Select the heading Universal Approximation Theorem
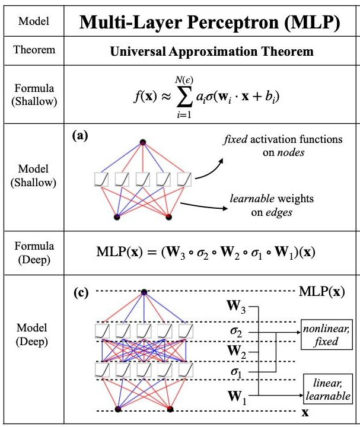(x=211, y=52)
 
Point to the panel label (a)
(x=79, y=135)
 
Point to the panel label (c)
(x=79, y=292)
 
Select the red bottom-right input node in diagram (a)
(x=168, y=216)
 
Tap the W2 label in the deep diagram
(x=237, y=352)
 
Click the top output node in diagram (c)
(x=144, y=292)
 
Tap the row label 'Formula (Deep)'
(x=33, y=252)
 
